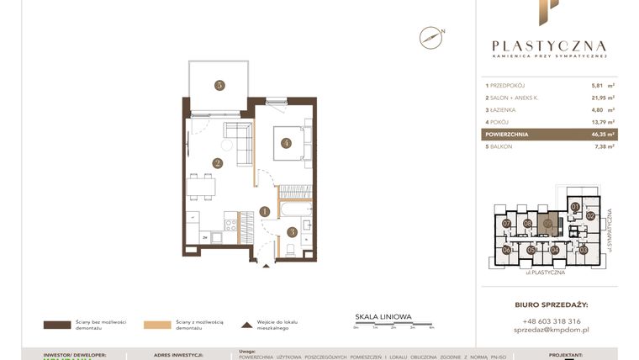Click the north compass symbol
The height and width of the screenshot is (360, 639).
click(430, 37)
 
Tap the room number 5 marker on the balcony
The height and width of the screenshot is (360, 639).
click(219, 85)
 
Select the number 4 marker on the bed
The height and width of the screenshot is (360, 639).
click(286, 143)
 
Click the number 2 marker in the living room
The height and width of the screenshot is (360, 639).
click(217, 164)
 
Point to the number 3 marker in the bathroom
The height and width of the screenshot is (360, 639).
click(292, 232)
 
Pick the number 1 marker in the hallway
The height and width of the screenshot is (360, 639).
click(265, 212)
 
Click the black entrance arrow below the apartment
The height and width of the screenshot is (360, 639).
click(267, 265)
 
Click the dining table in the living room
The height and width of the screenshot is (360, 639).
click(200, 187)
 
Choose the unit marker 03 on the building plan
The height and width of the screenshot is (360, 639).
click(584, 250)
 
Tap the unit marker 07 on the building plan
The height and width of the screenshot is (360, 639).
click(507, 224)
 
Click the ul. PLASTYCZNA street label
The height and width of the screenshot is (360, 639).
click(544, 273)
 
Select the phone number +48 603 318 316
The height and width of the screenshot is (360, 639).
click(551, 321)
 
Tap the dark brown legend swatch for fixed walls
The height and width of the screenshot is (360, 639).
click(57, 324)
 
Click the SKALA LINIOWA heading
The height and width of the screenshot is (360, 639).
click(383, 317)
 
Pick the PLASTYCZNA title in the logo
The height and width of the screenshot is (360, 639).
click(549, 46)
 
